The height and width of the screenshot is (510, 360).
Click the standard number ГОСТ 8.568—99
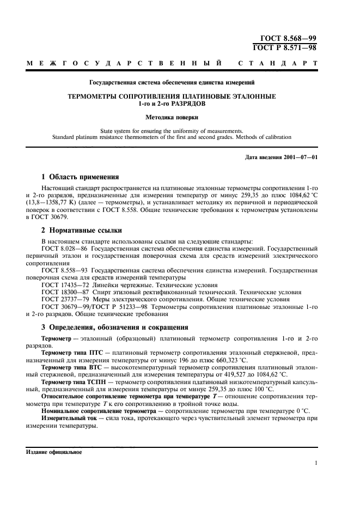point(289,39)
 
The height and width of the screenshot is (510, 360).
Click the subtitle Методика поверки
point(172,117)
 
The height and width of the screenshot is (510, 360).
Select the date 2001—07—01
point(300,157)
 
